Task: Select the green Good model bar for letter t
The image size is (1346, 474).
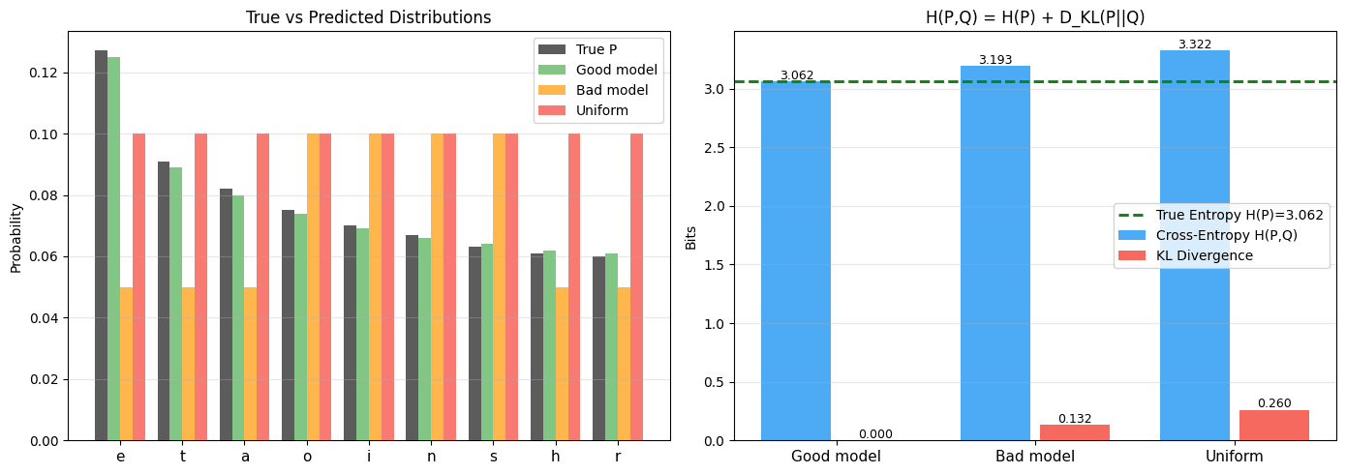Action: [x=176, y=304]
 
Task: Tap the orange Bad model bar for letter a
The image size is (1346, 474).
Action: [x=250, y=364]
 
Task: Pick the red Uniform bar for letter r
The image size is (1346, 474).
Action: [x=636, y=287]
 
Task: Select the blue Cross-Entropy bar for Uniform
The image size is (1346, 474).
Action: [x=1194, y=246]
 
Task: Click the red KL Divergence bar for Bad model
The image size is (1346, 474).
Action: [x=1075, y=432]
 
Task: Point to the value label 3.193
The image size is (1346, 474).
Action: [x=994, y=60]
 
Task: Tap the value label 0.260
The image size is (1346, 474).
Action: [x=1274, y=403]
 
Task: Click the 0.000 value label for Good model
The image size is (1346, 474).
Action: [x=875, y=434]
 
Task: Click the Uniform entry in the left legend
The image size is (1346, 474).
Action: [x=601, y=110]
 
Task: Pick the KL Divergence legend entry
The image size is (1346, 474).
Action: [x=1205, y=255]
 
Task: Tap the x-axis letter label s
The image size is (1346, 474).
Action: [x=493, y=457]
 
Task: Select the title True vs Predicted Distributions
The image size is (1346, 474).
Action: [x=368, y=17]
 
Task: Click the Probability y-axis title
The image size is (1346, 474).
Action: [x=16, y=237]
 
